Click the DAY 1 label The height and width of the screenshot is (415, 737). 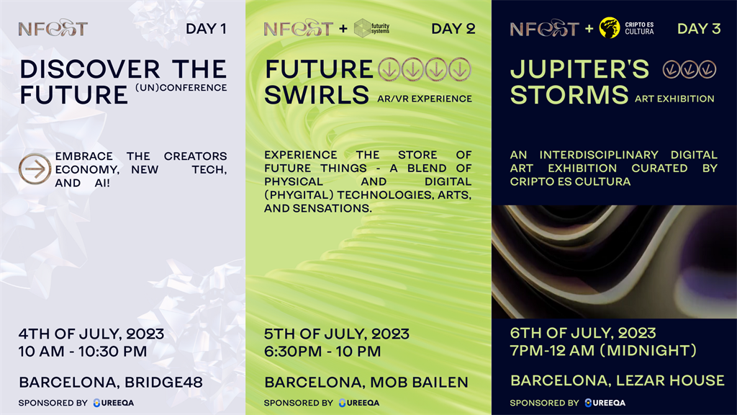point(206,29)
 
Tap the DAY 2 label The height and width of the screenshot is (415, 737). point(453,29)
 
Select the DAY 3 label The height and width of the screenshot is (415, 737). point(699,29)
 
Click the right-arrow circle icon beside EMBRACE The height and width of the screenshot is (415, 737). point(35,169)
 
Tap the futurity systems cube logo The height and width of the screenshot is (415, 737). point(363,28)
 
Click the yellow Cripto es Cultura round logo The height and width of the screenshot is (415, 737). point(609,28)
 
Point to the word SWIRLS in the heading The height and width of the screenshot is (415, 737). point(317,94)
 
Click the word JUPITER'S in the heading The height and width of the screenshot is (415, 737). point(579,69)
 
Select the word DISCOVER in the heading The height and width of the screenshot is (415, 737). point(90,69)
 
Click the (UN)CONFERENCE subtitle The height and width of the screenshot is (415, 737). point(181,88)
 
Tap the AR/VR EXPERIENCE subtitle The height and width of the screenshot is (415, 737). point(425,99)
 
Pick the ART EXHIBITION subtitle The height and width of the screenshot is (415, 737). point(674,99)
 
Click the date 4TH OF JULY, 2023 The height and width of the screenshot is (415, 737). point(91,334)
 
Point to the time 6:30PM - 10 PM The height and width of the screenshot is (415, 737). point(322,352)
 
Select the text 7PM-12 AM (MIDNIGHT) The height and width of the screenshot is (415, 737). point(604,351)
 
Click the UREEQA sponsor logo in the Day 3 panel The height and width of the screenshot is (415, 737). point(605,403)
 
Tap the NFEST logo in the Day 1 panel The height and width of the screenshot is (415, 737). point(53,28)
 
